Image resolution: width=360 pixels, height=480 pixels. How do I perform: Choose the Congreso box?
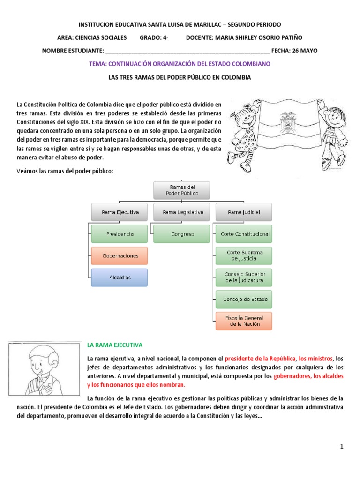[182, 234]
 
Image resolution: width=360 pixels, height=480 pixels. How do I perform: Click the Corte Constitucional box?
[244, 234]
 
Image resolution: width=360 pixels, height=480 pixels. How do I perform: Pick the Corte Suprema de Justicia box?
[244, 255]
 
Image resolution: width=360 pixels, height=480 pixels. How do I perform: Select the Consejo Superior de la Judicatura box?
[244, 277]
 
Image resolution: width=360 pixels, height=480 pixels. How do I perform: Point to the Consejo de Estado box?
[244, 299]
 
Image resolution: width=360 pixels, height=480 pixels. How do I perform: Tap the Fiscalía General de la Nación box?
[244, 321]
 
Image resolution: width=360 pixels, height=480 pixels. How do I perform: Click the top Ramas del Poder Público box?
[182, 190]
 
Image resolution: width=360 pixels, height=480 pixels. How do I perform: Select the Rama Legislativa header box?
[182, 212]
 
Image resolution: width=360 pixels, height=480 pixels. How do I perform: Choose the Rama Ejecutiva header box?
[120, 212]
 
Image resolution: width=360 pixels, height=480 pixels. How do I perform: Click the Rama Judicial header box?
[244, 212]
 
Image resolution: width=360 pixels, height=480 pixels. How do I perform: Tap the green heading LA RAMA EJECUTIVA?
[115, 345]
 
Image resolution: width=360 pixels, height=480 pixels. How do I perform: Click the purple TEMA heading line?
[180, 63]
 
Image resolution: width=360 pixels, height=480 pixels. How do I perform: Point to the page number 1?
[342, 447]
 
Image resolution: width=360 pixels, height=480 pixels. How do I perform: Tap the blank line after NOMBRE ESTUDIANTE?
[187, 51]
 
